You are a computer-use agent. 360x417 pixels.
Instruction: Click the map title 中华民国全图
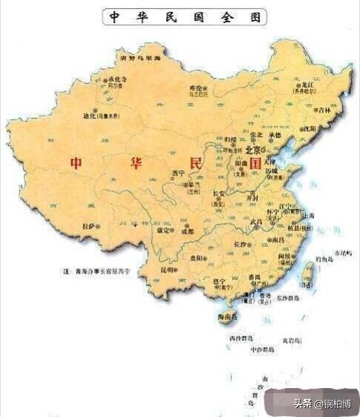[x=184, y=17]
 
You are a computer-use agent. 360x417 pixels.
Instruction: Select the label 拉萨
[x=89, y=225]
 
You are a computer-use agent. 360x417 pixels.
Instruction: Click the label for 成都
[x=187, y=232]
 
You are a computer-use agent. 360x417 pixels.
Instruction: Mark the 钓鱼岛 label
[x=324, y=258]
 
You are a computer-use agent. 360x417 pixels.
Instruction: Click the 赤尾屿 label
[x=345, y=253]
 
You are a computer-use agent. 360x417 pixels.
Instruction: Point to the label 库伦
[x=196, y=87]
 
